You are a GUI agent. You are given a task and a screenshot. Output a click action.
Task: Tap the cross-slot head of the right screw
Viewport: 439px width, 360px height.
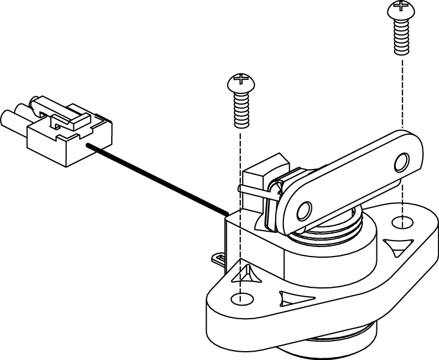tap(399, 9)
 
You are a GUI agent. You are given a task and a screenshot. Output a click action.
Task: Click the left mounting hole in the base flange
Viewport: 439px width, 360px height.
tap(240, 298)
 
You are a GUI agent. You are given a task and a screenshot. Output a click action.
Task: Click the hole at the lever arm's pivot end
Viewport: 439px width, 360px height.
tap(304, 210)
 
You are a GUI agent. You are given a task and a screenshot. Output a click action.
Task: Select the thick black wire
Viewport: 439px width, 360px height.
tap(157, 177)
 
